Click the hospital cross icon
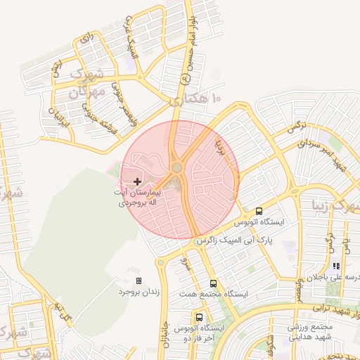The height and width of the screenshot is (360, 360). pyautogui.click(x=137, y=181)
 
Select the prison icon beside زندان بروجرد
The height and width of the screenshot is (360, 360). pyautogui.click(x=139, y=281)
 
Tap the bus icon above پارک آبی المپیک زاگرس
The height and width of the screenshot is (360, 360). pyautogui.click(x=259, y=211)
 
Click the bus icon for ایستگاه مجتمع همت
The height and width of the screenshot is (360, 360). pyautogui.click(x=214, y=283)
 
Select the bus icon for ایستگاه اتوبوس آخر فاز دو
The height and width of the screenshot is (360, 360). pyautogui.click(x=200, y=317)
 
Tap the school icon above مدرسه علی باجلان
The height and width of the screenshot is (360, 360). pyautogui.click(x=336, y=266)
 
